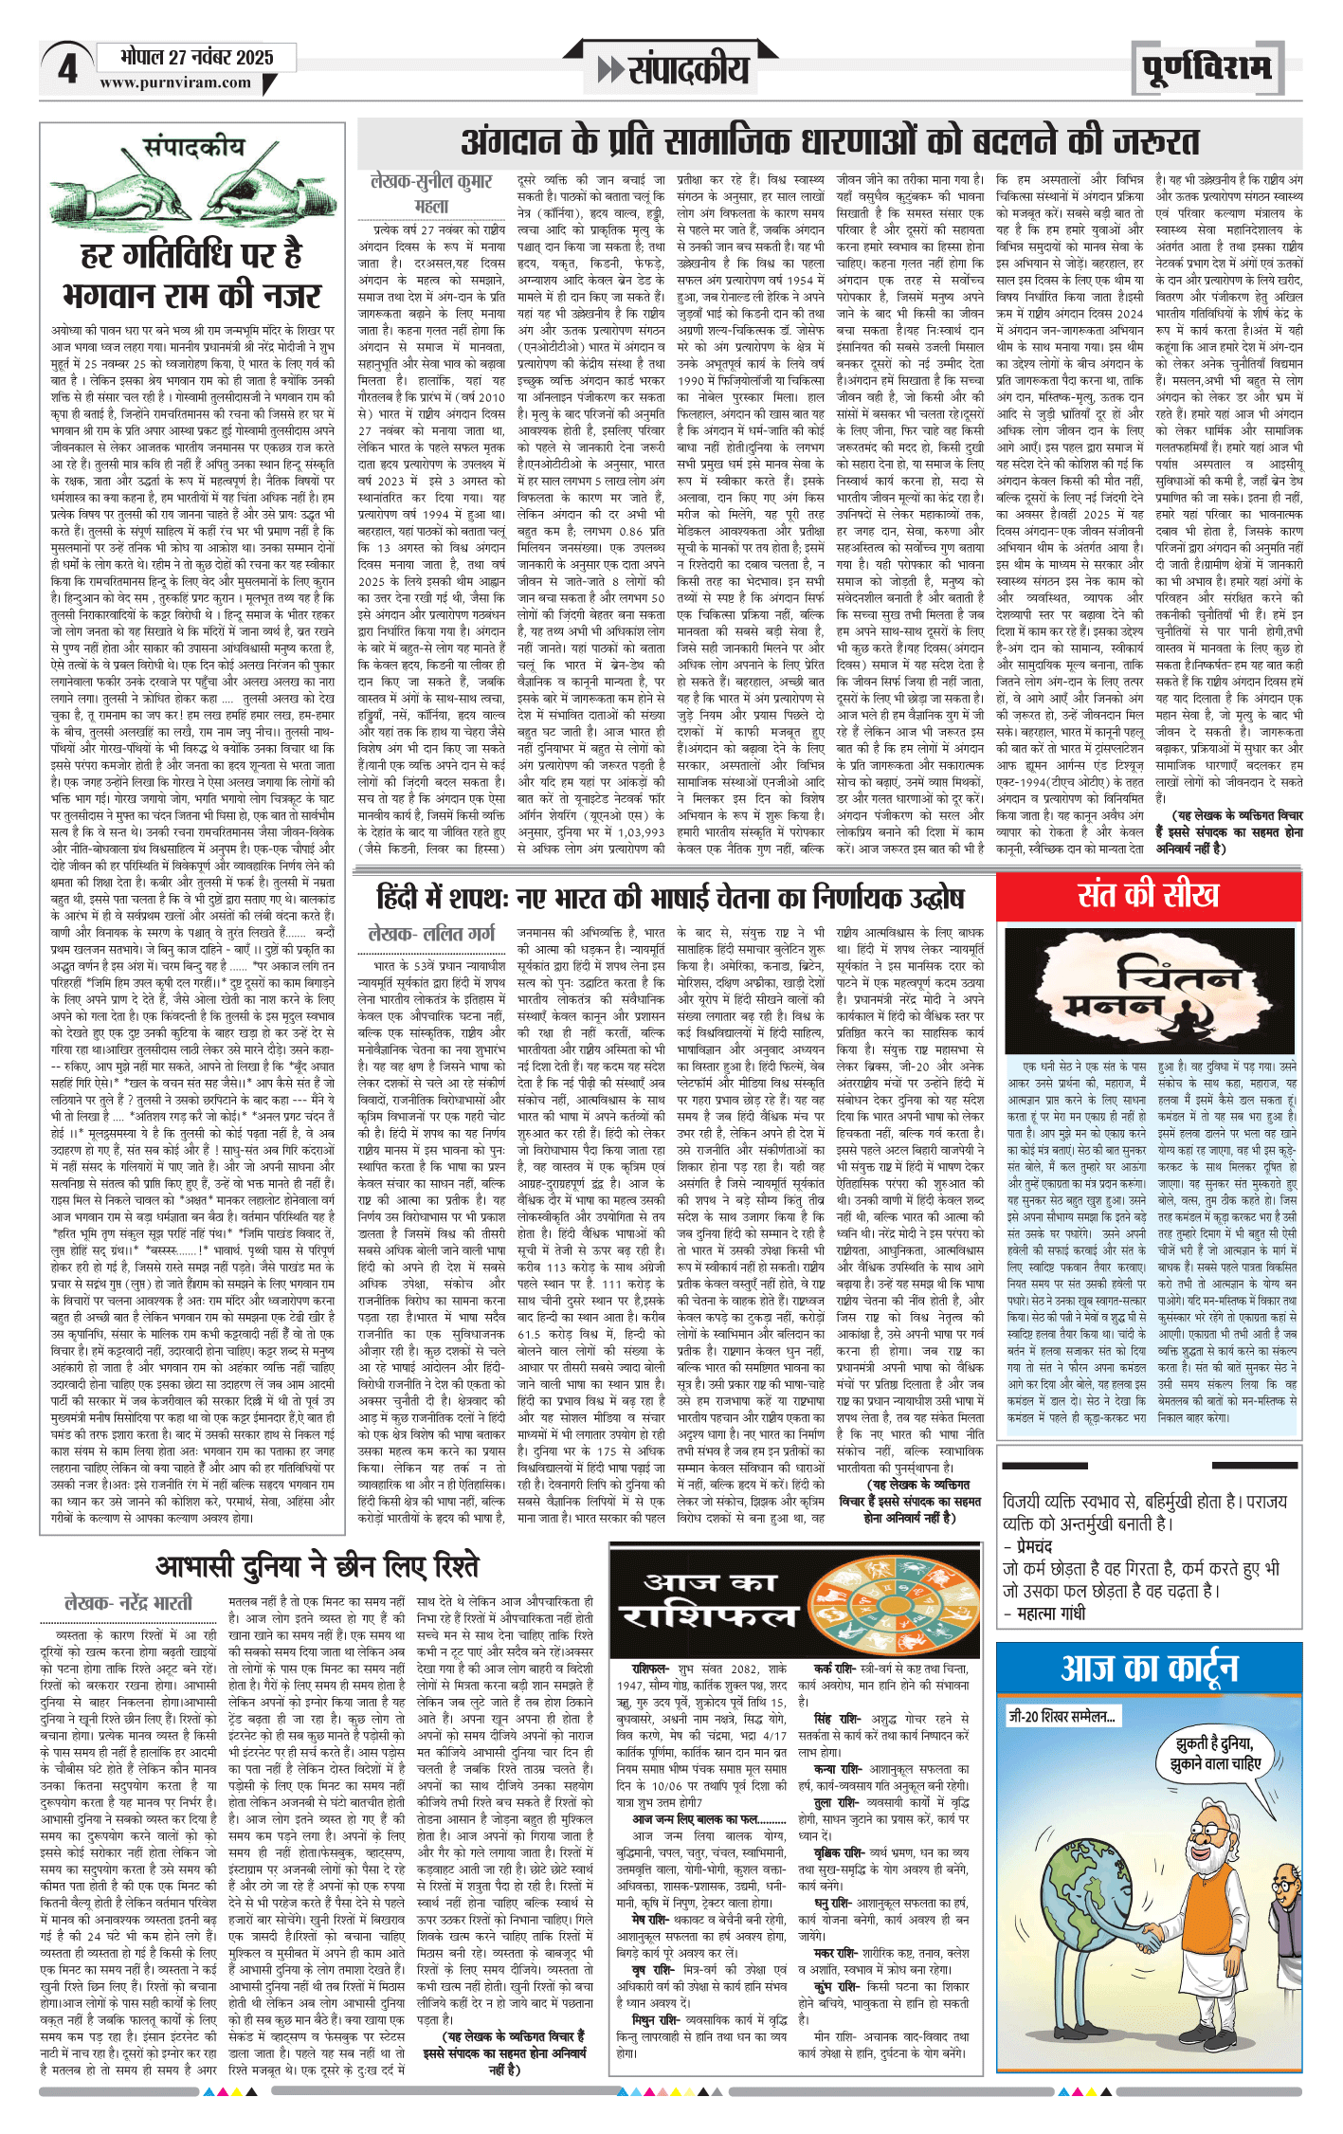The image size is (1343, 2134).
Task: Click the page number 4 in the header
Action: click(x=66, y=69)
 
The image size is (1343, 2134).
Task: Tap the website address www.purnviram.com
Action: click(x=175, y=82)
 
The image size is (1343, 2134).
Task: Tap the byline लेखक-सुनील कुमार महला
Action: click(x=432, y=193)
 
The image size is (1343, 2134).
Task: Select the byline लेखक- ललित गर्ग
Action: click(x=432, y=934)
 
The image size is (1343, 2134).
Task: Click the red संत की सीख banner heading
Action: click(x=1148, y=895)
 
